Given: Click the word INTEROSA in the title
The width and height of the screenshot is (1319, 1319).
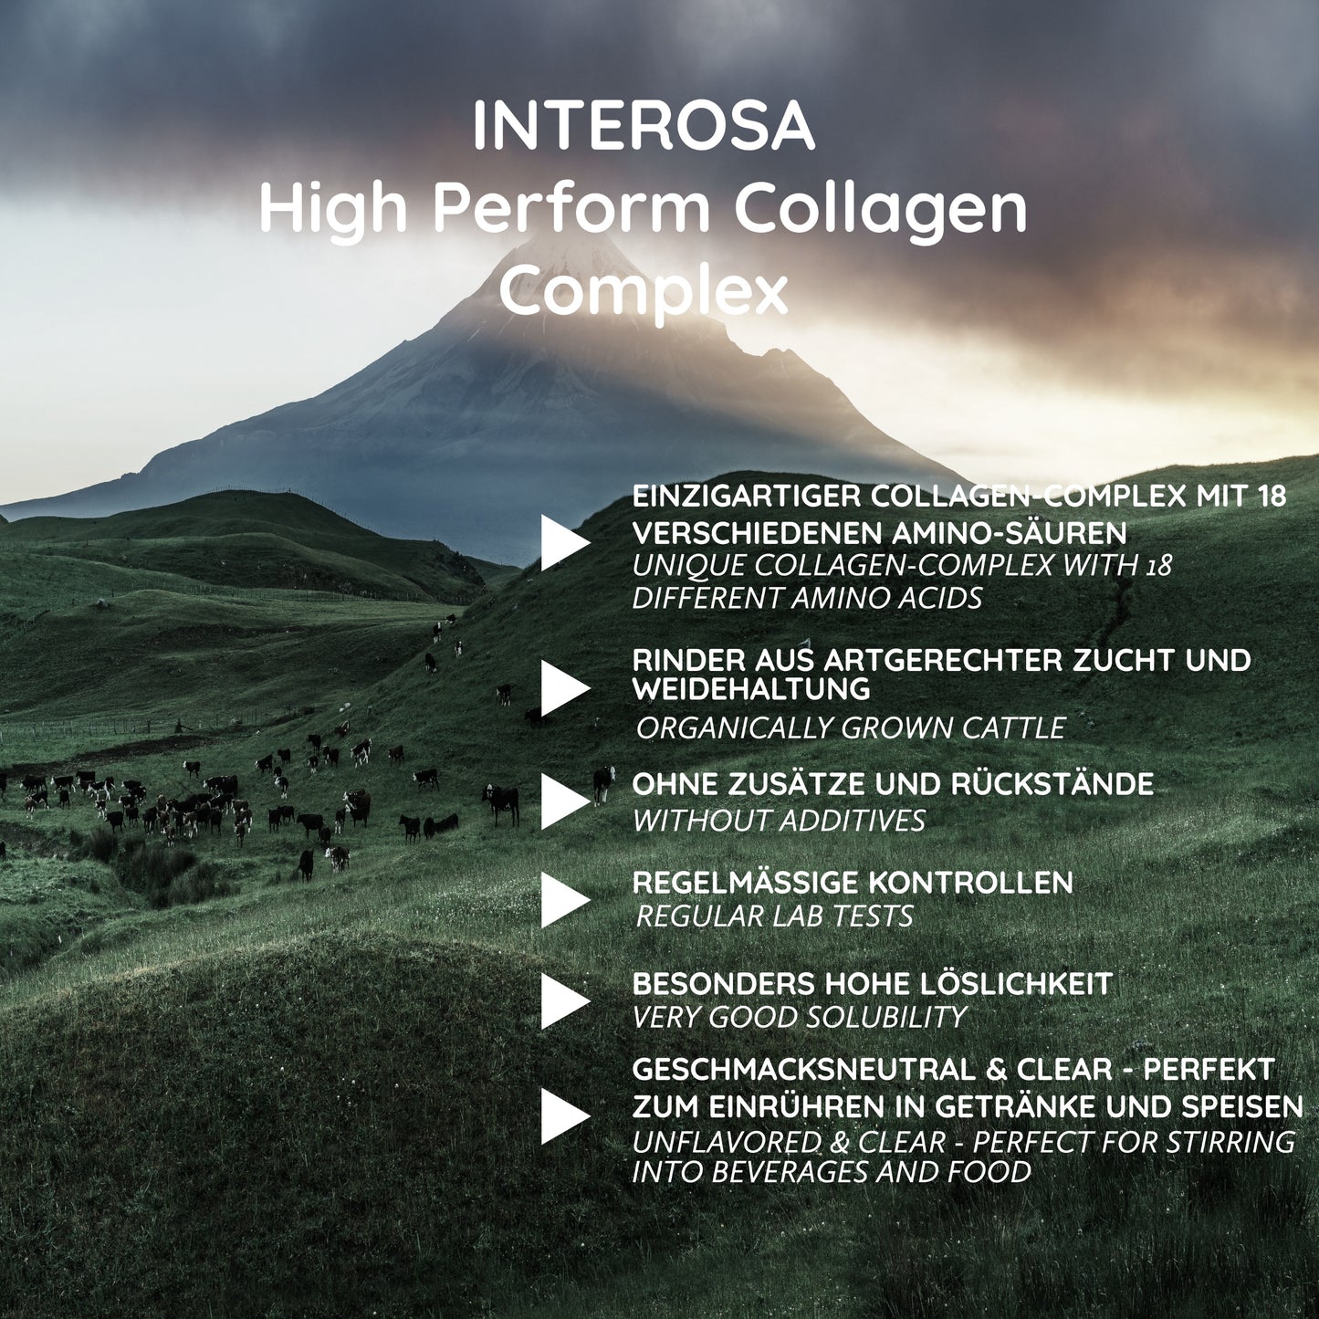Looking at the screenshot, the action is click(x=644, y=127).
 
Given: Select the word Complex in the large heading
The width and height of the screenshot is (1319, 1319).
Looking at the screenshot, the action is click(x=644, y=291).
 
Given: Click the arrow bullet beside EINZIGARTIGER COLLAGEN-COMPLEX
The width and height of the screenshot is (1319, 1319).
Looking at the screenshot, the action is click(x=565, y=542).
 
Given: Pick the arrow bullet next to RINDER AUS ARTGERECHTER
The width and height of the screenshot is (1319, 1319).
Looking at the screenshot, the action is click(x=565, y=688).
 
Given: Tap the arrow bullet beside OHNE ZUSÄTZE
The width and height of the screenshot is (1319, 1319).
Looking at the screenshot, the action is click(x=565, y=801).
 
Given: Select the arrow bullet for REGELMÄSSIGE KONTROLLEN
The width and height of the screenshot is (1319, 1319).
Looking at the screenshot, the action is click(x=565, y=900).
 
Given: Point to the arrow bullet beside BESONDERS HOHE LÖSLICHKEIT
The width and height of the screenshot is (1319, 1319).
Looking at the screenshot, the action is click(x=565, y=1001).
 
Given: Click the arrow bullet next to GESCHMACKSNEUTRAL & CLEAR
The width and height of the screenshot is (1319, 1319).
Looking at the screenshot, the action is click(x=565, y=1116).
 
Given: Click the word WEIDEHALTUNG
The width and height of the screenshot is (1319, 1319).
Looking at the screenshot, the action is click(x=751, y=688).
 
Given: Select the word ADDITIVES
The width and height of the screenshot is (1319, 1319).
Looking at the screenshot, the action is click(x=853, y=821).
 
